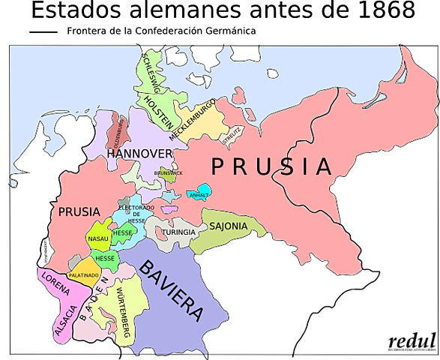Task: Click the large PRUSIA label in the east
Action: [x=271, y=166]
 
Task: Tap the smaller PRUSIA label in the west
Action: [x=78, y=212]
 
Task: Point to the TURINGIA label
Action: [x=180, y=232]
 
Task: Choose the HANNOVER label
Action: [x=139, y=154]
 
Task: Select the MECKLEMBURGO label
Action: [x=193, y=120]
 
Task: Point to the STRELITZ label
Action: [x=232, y=135]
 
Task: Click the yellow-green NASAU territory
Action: [x=97, y=238]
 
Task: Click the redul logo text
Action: [x=412, y=340]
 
